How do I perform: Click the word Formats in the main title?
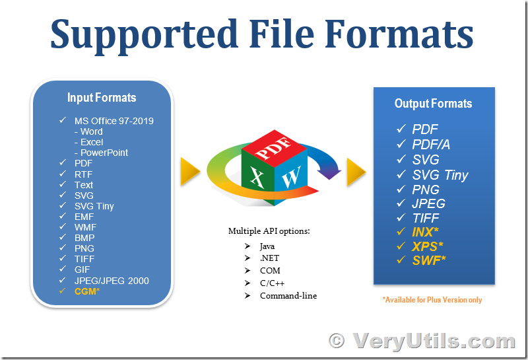pyautogui.click(x=399, y=34)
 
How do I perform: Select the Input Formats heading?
pyautogui.click(x=102, y=98)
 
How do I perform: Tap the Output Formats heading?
pyautogui.click(x=434, y=104)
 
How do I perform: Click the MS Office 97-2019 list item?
pyautogui.click(x=114, y=121)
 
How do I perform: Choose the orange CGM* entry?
pyautogui.click(x=87, y=291)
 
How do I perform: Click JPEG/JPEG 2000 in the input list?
pyautogui.click(x=112, y=281)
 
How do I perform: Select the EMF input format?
pyautogui.click(x=84, y=217)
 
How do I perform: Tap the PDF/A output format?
pyautogui.click(x=431, y=145)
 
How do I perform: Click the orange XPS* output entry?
pyautogui.click(x=427, y=246)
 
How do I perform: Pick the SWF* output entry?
pyautogui.click(x=428, y=260)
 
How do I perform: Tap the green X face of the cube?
pyautogui.click(x=257, y=178)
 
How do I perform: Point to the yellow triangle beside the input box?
pyautogui.click(x=190, y=171)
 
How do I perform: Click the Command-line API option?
pyautogui.click(x=288, y=296)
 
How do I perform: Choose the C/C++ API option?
pyautogui.click(x=272, y=283)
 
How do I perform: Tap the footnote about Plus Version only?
pyautogui.click(x=432, y=300)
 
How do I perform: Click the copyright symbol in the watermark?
pyautogui.click(x=337, y=340)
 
